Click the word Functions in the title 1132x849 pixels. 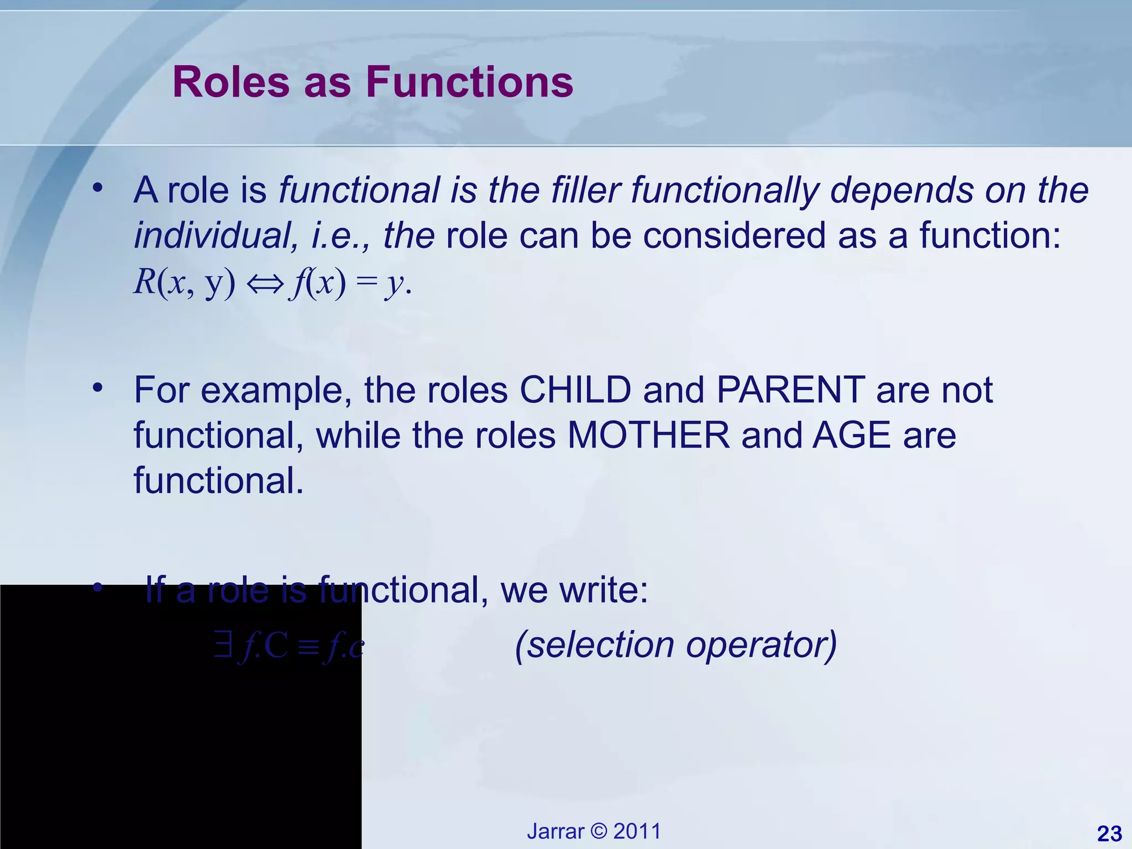469,82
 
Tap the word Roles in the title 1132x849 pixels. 231,82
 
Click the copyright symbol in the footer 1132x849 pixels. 599,831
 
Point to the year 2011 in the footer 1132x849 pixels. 637,831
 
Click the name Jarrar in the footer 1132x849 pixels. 555,831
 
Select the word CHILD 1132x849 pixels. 575,390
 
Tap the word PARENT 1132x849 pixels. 790,390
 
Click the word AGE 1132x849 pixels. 852,436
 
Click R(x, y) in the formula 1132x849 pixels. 185,283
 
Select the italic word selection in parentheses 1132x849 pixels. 594,645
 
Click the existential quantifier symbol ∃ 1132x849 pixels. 223,645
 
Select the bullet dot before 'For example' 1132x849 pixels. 98,388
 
